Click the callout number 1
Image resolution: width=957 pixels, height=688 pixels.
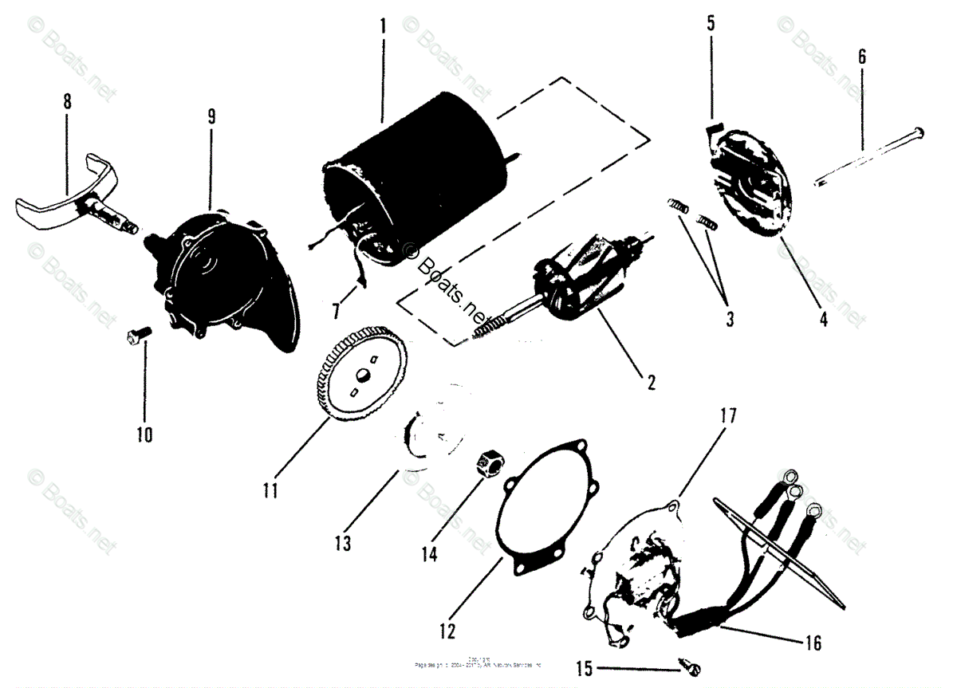(x=383, y=26)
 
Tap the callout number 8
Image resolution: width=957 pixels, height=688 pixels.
(x=67, y=101)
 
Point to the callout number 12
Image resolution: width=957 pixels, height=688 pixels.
(x=447, y=631)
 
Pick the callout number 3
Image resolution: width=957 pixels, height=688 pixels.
(x=729, y=321)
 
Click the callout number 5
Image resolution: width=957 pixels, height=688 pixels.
(x=710, y=23)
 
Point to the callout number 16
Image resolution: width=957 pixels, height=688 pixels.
(x=812, y=643)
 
